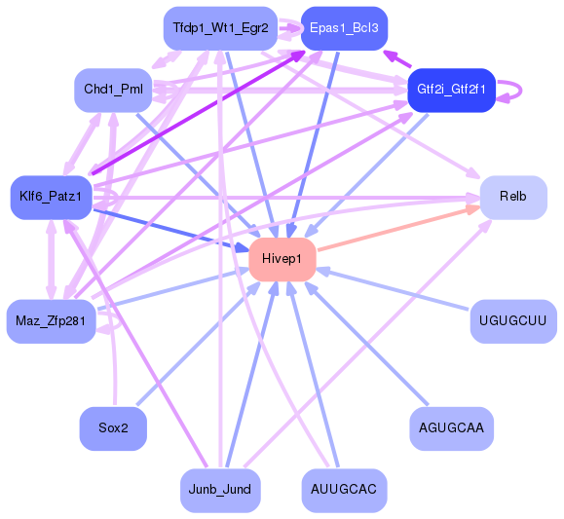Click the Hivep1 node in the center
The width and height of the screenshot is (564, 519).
[282, 259]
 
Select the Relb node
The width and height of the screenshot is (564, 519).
[512, 197]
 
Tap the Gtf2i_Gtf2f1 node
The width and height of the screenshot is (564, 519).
[451, 90]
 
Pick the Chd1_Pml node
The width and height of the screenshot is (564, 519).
[113, 90]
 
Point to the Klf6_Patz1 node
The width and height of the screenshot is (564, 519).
[51, 198]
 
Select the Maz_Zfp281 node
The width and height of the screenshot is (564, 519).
[51, 321]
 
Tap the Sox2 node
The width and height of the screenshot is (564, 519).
[113, 427]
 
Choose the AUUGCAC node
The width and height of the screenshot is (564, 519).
[344, 490]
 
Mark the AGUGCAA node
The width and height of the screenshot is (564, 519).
[451, 427]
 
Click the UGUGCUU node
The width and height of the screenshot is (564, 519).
[512, 321]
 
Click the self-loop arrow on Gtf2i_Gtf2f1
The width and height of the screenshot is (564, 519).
[517, 90]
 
